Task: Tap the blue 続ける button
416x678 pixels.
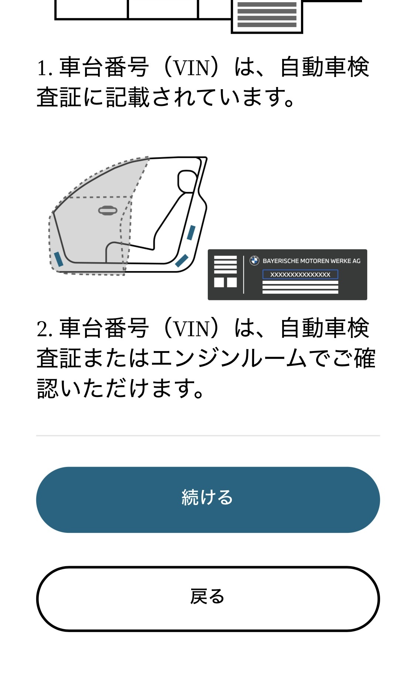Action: [208, 500]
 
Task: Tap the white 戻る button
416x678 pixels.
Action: [208, 598]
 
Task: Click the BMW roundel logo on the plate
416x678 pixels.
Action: [254, 261]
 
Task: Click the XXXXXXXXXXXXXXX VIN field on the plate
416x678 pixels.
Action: [300, 274]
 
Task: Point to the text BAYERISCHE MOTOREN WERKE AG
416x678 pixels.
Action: [311, 261]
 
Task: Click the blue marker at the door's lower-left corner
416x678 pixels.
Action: [58, 259]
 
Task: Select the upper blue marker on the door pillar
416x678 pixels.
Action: [191, 233]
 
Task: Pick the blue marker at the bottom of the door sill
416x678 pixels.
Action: [182, 261]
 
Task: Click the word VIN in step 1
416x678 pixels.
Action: [191, 68]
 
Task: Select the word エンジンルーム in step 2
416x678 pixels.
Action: [229, 359]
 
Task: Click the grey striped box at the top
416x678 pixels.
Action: [267, 15]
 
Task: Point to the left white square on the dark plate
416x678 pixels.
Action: [219, 283]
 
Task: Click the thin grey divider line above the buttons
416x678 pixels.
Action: [208, 436]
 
